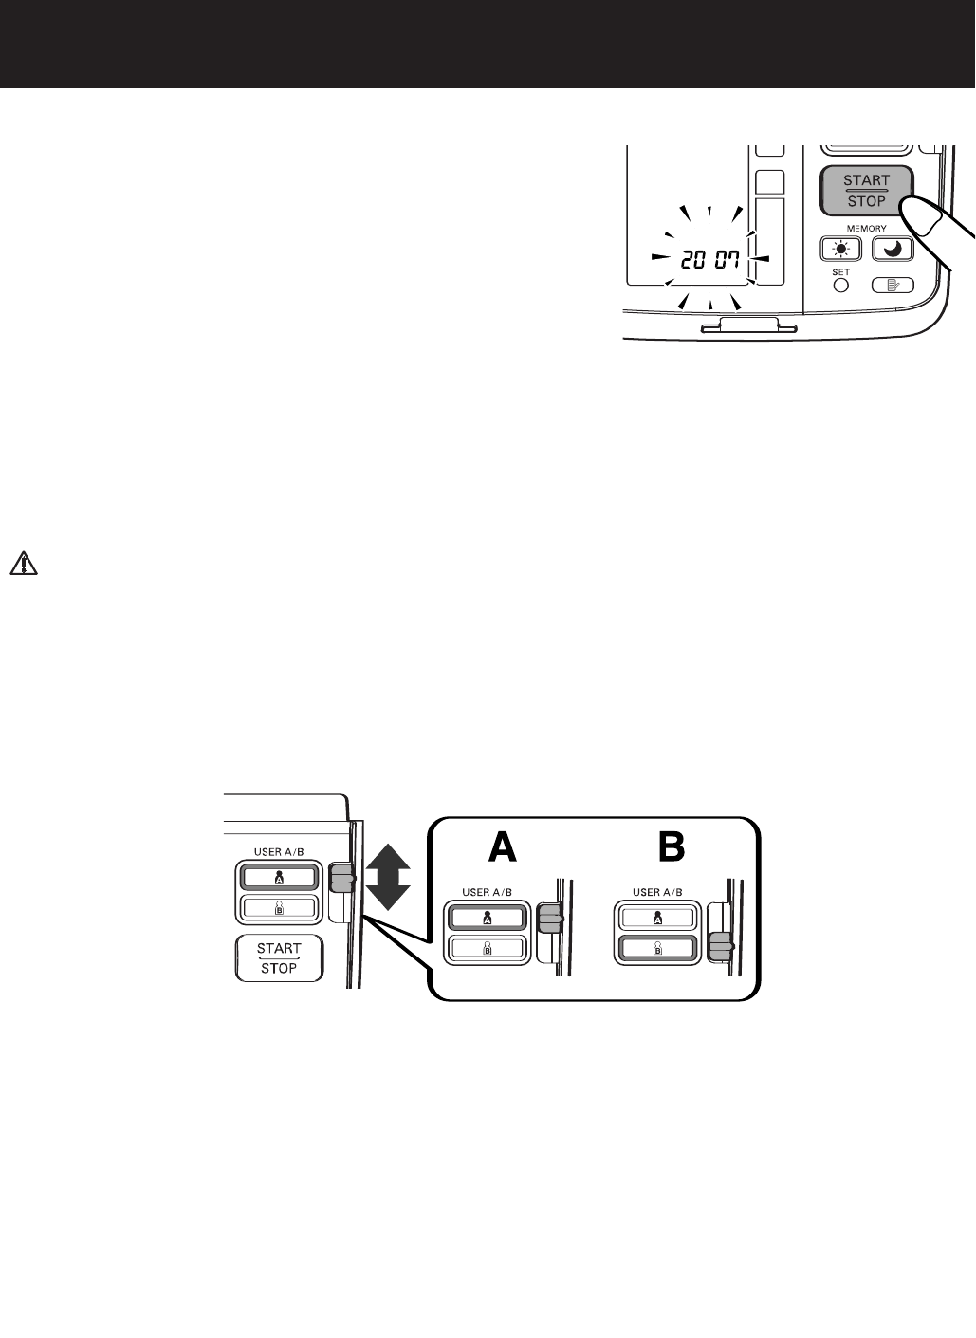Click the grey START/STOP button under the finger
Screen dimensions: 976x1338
click(866, 191)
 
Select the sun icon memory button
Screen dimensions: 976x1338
click(840, 249)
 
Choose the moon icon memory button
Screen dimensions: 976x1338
click(892, 249)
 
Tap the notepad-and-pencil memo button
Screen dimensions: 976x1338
click(893, 284)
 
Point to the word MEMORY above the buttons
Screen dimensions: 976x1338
click(867, 229)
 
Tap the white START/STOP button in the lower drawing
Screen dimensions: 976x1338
click(279, 957)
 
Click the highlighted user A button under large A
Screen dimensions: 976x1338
click(487, 918)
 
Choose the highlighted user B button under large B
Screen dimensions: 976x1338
click(657, 948)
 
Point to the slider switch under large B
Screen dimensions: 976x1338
click(721, 946)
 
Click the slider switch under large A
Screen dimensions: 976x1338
click(549, 918)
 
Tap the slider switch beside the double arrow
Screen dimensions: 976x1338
click(341, 879)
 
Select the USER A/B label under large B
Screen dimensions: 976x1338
click(657, 893)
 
